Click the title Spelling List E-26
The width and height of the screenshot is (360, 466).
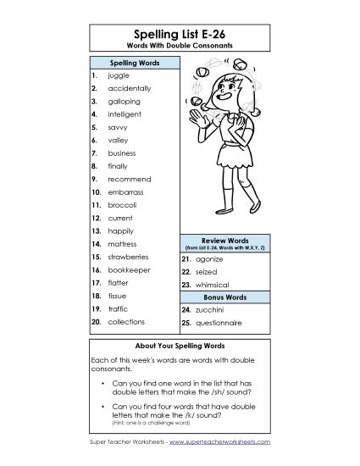(x=179, y=32)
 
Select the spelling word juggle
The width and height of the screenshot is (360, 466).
(x=119, y=75)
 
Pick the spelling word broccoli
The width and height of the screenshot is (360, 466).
(x=122, y=204)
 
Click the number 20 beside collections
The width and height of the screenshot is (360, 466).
(x=96, y=322)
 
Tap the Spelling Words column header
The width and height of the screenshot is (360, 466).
(x=131, y=63)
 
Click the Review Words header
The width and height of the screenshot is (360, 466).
(x=224, y=241)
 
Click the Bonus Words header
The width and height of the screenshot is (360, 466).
(x=224, y=298)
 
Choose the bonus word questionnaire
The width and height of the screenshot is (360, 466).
(x=223, y=323)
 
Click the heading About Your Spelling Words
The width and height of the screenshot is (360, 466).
(x=179, y=347)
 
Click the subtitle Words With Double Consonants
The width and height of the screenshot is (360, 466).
(x=179, y=45)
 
